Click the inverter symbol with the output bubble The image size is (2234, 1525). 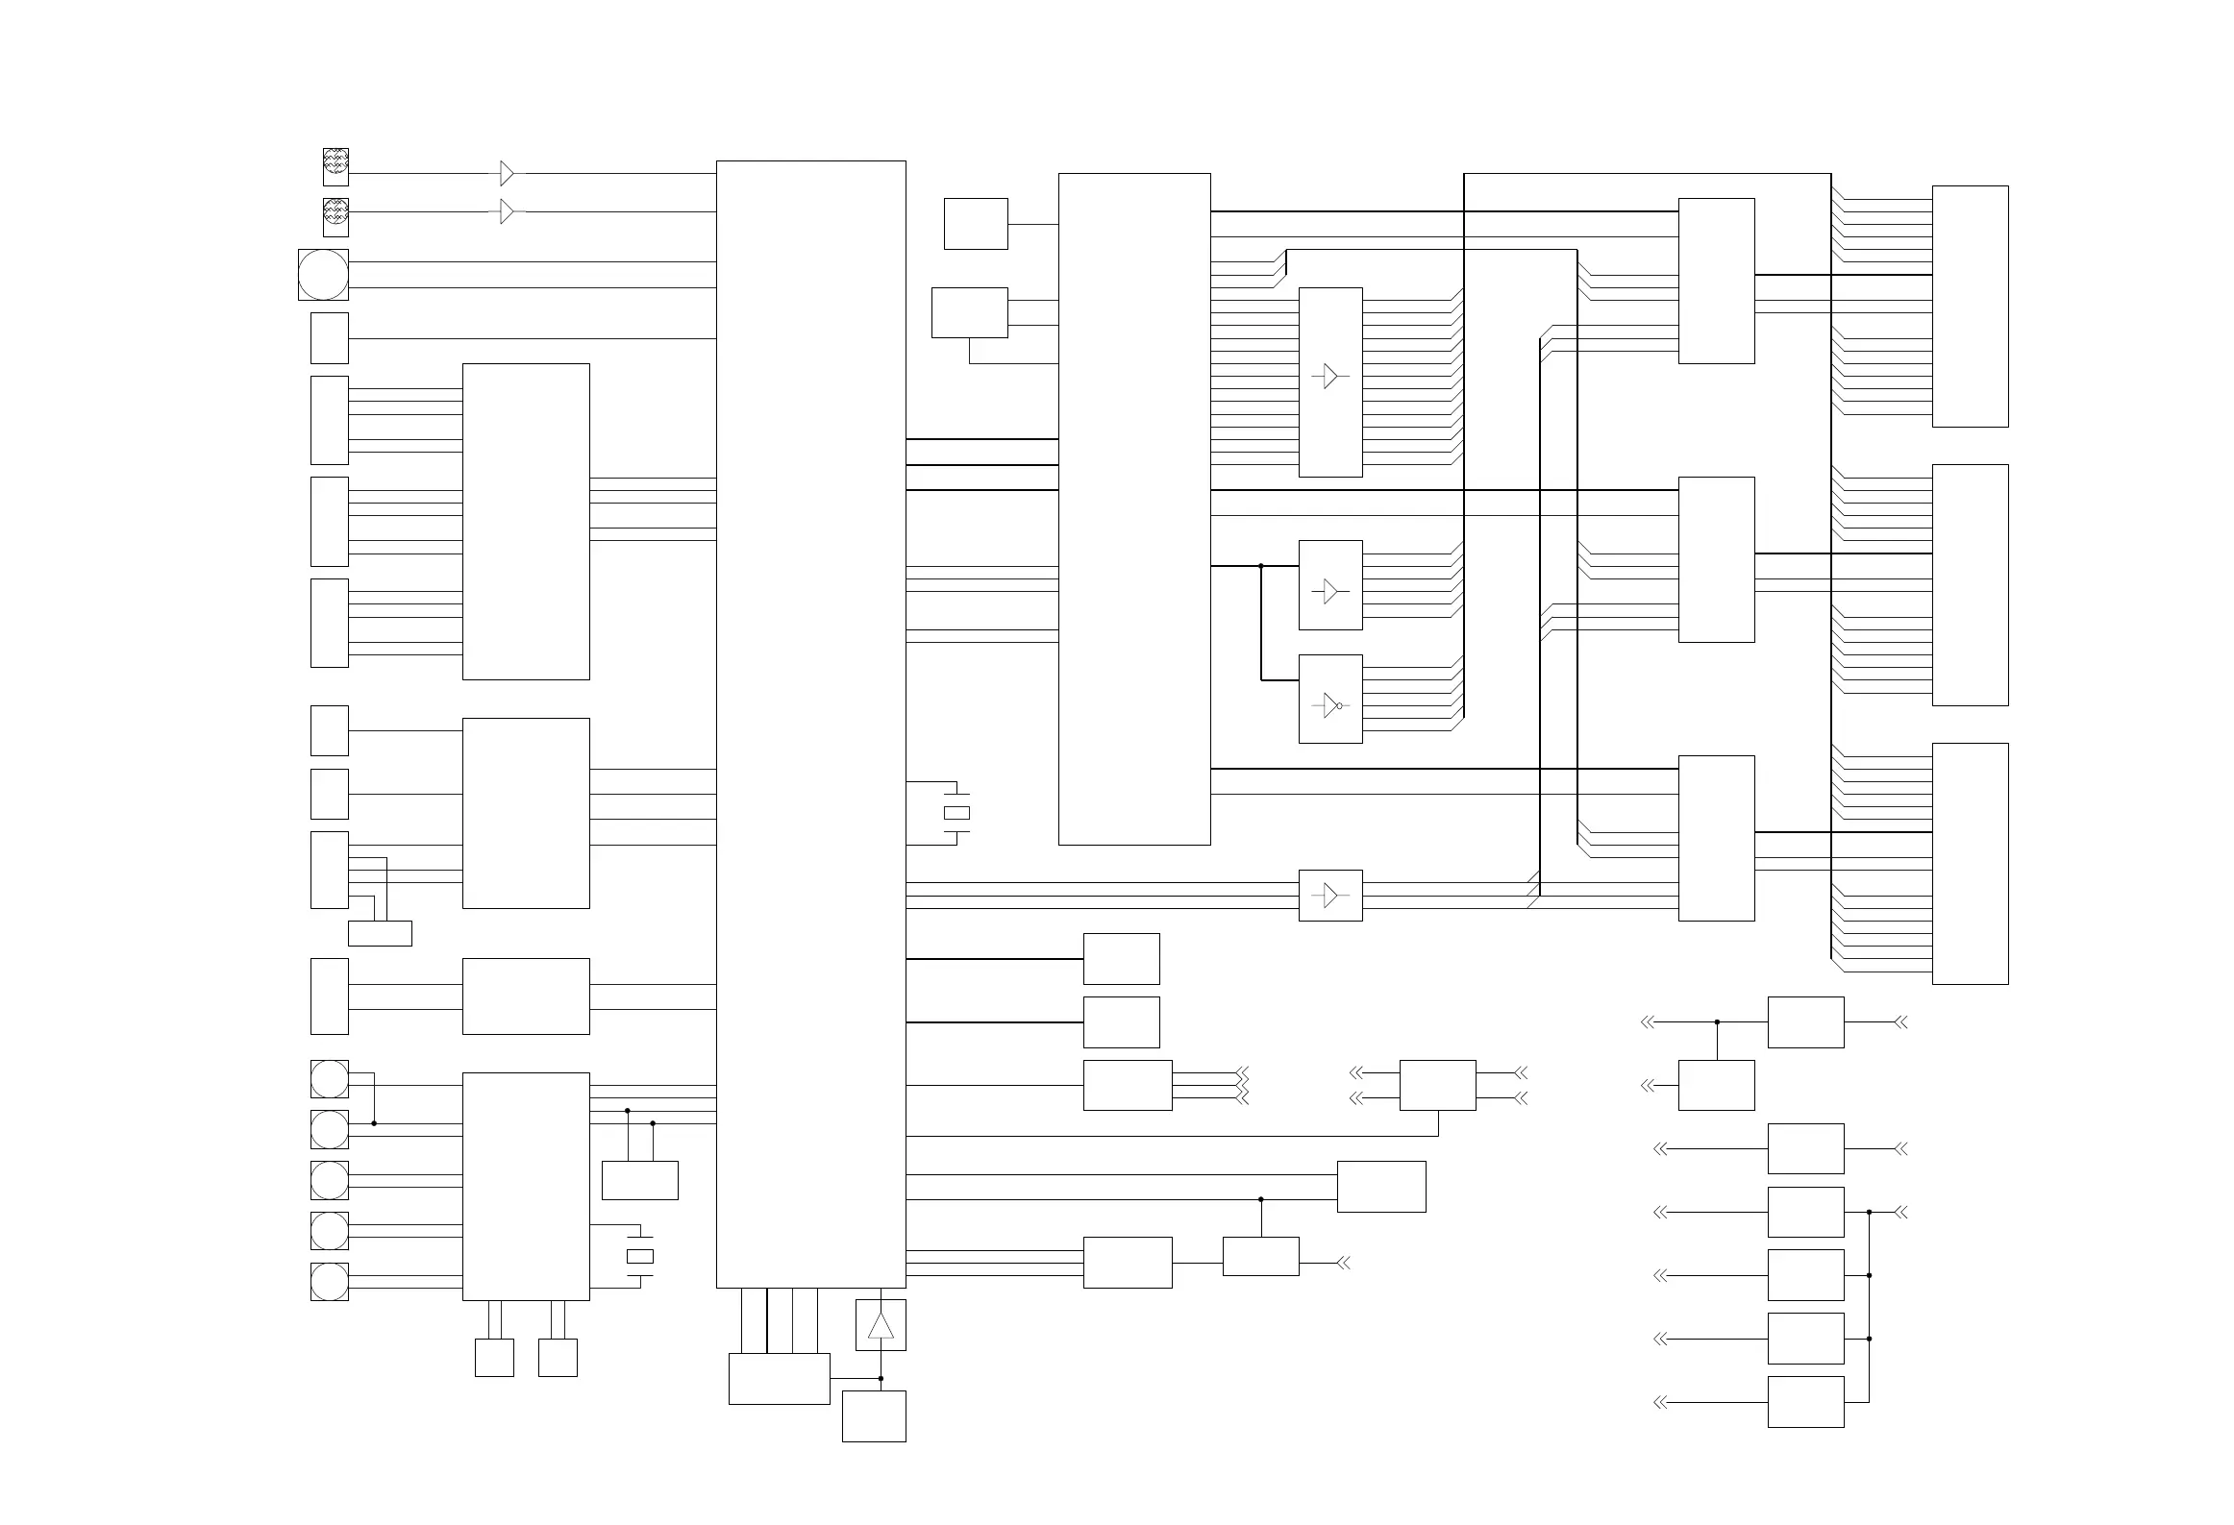coord(1330,705)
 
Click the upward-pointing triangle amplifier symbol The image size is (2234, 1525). coord(881,1326)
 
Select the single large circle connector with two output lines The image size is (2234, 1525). coord(323,275)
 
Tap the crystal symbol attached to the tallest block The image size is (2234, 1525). coord(956,813)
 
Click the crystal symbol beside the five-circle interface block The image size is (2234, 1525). coord(640,1256)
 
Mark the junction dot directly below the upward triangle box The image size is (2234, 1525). coord(881,1378)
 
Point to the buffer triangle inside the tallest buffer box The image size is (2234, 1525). coord(1330,377)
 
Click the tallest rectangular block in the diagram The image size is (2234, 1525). coord(810,724)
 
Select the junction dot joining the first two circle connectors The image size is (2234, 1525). coord(374,1123)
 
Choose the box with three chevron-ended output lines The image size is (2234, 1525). coord(1127,1085)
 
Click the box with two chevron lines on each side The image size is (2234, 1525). coord(1437,1085)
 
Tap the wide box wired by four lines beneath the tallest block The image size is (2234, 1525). coord(779,1379)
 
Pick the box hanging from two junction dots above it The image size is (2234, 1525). coord(639,1180)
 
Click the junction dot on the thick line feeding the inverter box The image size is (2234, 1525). coord(1261,566)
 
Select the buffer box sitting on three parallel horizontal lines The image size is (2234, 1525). coord(1330,896)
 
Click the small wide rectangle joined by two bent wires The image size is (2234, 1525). coord(380,933)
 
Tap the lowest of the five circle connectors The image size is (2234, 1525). coord(329,1281)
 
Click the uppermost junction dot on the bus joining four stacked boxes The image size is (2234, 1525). coord(1869,1212)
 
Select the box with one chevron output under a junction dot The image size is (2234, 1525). coord(1260,1256)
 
